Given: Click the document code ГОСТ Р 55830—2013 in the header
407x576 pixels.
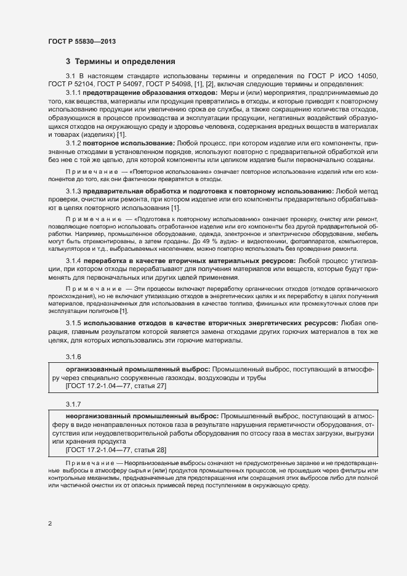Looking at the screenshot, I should click(x=81, y=41).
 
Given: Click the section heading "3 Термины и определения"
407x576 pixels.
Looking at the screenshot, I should click(x=121, y=62).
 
